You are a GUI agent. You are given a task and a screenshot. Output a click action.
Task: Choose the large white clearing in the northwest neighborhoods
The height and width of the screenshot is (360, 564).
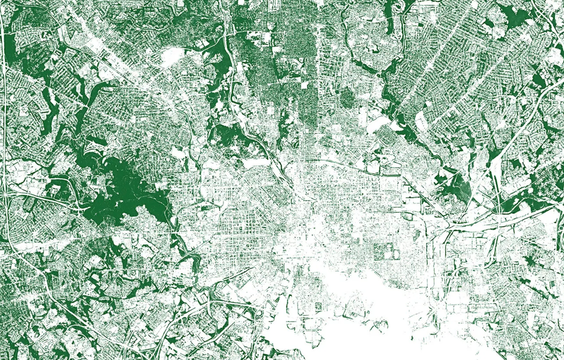(172, 56)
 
